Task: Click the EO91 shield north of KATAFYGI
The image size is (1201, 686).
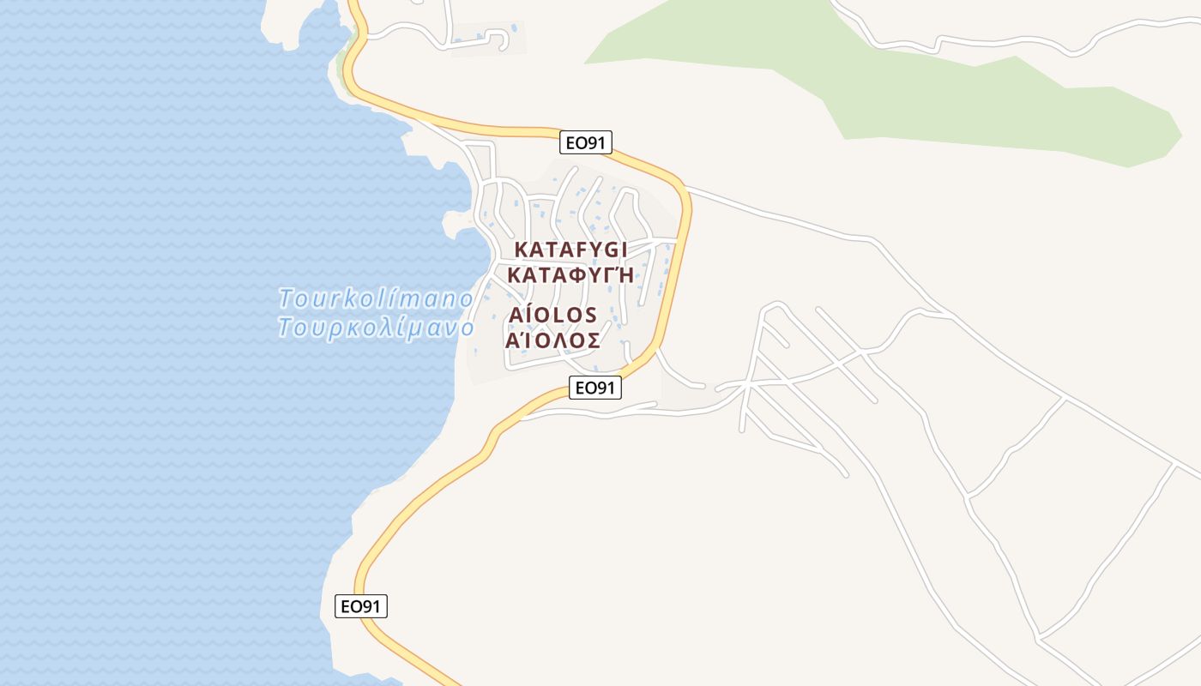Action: click(x=587, y=142)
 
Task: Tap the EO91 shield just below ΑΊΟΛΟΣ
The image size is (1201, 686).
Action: click(x=594, y=388)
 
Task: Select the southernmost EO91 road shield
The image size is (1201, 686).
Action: click(x=360, y=606)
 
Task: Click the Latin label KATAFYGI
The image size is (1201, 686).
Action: click(x=570, y=250)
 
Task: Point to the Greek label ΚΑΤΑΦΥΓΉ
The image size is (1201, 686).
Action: click(x=570, y=275)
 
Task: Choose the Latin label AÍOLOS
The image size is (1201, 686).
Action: click(x=552, y=316)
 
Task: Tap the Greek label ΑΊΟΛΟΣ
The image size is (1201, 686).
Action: click(x=552, y=340)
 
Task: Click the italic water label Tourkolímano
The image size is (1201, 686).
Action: click(x=376, y=298)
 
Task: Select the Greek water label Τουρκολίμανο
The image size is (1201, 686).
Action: click(x=376, y=328)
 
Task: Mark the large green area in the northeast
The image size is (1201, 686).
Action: click(x=944, y=94)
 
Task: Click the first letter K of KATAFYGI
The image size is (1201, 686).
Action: click(x=521, y=250)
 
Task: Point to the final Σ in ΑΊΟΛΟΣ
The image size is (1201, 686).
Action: click(x=592, y=340)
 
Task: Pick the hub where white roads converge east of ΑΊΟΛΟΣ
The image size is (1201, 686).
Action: click(x=750, y=384)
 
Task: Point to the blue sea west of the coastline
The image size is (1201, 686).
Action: click(x=172, y=343)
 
